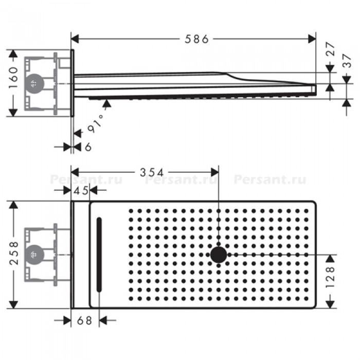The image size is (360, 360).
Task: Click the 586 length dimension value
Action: point(197,39)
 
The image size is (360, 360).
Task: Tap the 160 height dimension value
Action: point(13,77)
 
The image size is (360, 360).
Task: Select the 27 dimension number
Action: point(330,49)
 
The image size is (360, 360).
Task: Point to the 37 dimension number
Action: point(347,60)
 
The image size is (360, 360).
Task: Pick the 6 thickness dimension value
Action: point(88,147)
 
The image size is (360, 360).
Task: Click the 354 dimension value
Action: point(152,172)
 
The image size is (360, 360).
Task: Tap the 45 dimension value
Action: point(80,190)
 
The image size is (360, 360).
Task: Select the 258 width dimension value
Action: point(14,253)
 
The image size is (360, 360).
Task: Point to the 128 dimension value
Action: point(330,277)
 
